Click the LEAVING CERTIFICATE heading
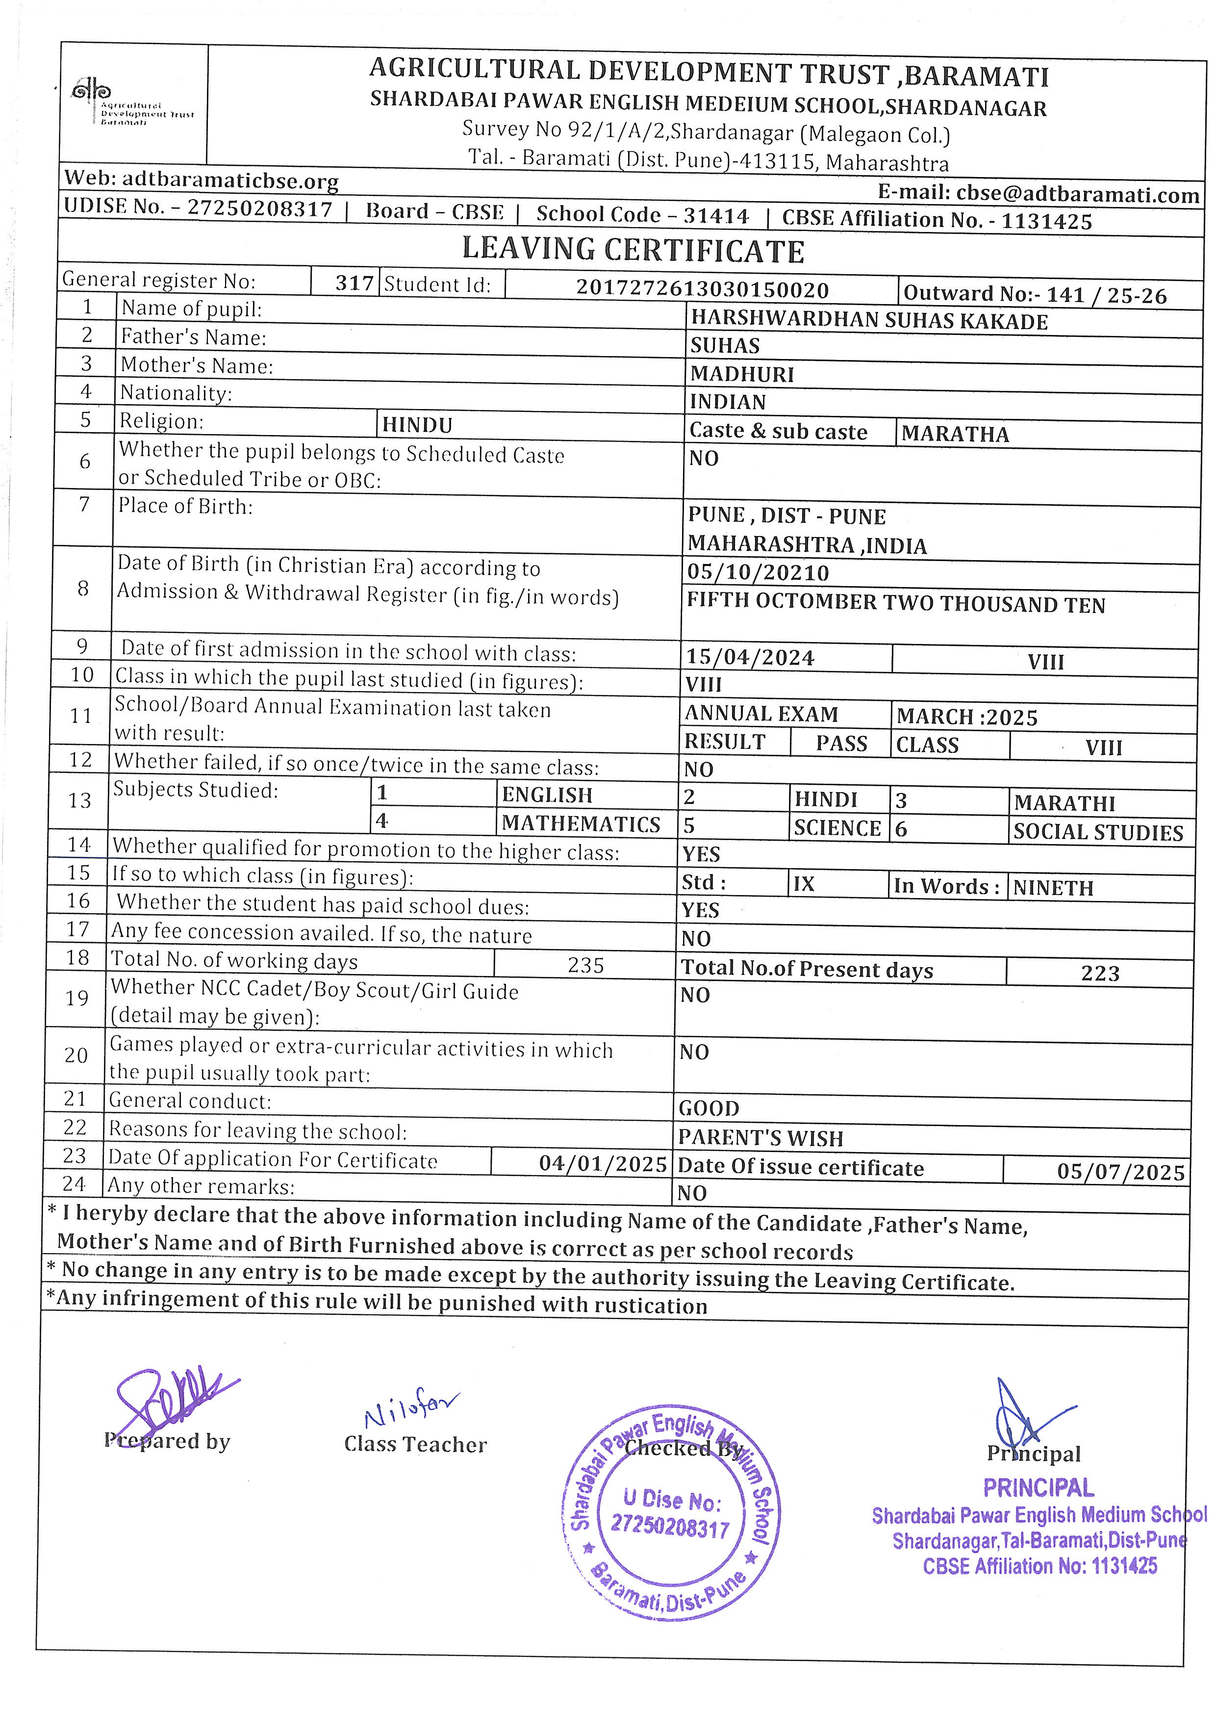pos(633,250)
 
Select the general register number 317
pos(354,283)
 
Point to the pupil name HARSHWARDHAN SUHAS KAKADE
pos(868,321)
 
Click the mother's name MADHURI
pos(741,374)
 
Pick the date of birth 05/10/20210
pos(758,573)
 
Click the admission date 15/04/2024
pos(750,658)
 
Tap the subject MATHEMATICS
pos(581,824)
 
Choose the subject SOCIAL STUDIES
pos(1098,832)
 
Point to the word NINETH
pos(1053,889)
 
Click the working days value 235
pos(585,965)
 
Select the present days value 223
pos(1100,973)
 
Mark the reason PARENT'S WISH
pos(761,1138)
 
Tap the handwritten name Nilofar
pos(411,1411)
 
